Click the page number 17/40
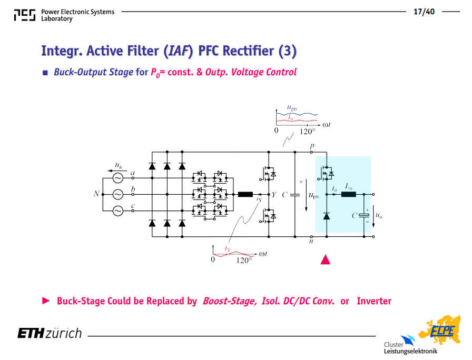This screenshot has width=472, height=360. coord(424,12)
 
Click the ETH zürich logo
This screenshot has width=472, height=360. coord(50,333)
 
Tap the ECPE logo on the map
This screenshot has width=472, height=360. coord(442,331)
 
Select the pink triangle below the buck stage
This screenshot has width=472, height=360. coord(326,259)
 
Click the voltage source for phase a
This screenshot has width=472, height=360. coord(117,178)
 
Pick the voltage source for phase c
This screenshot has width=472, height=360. coord(117,211)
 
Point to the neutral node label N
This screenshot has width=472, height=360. coord(96,194)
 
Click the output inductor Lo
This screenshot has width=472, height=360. coord(349,194)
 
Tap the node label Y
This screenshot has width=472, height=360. coord(273,195)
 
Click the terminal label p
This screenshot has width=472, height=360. coord(312,146)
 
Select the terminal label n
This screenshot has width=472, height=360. coord(311,241)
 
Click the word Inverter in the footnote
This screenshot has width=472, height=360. coord(374,301)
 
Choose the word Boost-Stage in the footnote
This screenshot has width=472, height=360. coord(230,301)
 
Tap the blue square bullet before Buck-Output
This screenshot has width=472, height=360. coord(45,73)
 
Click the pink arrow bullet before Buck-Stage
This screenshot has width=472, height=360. coord(46,301)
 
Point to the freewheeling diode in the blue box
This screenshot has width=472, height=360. coord(327,216)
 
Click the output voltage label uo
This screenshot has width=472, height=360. coord(379,215)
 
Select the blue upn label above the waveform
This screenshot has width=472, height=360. coord(292,108)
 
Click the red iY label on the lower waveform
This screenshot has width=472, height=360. coord(228,249)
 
